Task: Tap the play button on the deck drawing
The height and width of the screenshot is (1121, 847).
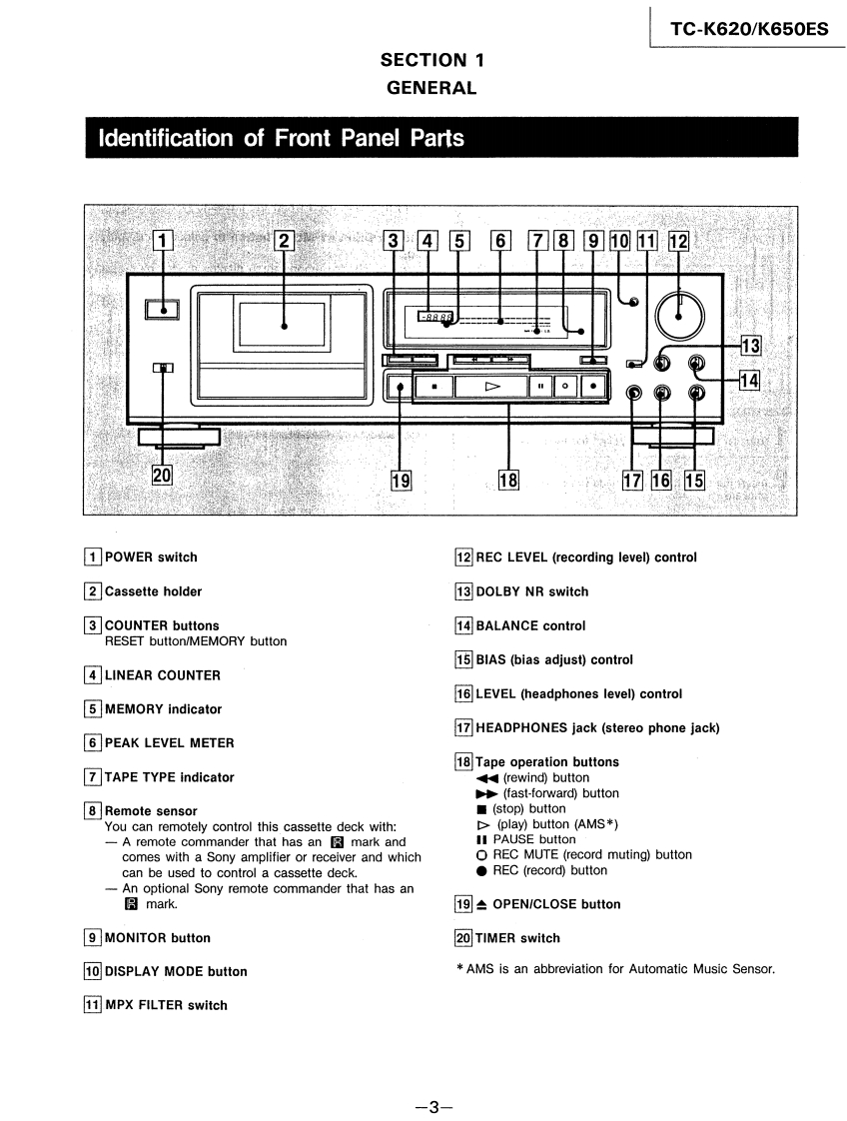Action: tap(490, 385)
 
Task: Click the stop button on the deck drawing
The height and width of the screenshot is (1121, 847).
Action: tap(433, 385)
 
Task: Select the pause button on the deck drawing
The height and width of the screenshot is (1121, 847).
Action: tap(541, 385)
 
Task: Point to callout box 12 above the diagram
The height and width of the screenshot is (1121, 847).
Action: tap(678, 241)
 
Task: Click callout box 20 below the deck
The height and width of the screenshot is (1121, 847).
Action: tap(161, 476)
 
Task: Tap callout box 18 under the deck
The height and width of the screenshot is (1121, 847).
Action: tap(508, 481)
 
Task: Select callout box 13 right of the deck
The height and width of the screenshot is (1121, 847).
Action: tap(750, 346)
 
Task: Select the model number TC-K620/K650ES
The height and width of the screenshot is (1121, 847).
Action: tap(749, 29)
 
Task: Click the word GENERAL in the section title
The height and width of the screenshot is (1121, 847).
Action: tap(431, 88)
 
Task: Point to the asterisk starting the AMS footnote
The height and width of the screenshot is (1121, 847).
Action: tap(460, 968)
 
